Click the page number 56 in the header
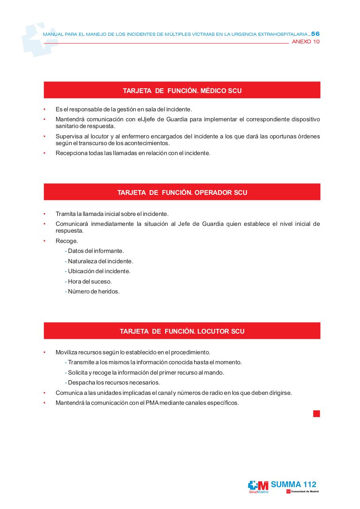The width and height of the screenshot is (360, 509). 315,34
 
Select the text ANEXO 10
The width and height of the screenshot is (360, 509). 306,42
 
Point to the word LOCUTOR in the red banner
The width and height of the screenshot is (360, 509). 213,331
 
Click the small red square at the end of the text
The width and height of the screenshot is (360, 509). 316,414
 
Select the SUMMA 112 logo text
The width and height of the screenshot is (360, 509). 294,484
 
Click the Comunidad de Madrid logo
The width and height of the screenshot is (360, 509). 302,492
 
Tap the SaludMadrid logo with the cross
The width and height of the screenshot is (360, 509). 258,486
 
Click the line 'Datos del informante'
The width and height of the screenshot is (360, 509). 95,251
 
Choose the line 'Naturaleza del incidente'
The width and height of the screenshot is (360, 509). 100,261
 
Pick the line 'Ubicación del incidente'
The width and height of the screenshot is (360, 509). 99,271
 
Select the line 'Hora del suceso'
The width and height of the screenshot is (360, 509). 90,282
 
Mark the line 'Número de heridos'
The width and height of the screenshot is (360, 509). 93,291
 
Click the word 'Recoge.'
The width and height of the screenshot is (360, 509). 67,241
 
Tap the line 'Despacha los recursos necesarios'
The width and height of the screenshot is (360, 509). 113,383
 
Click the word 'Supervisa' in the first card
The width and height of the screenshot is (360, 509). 68,136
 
